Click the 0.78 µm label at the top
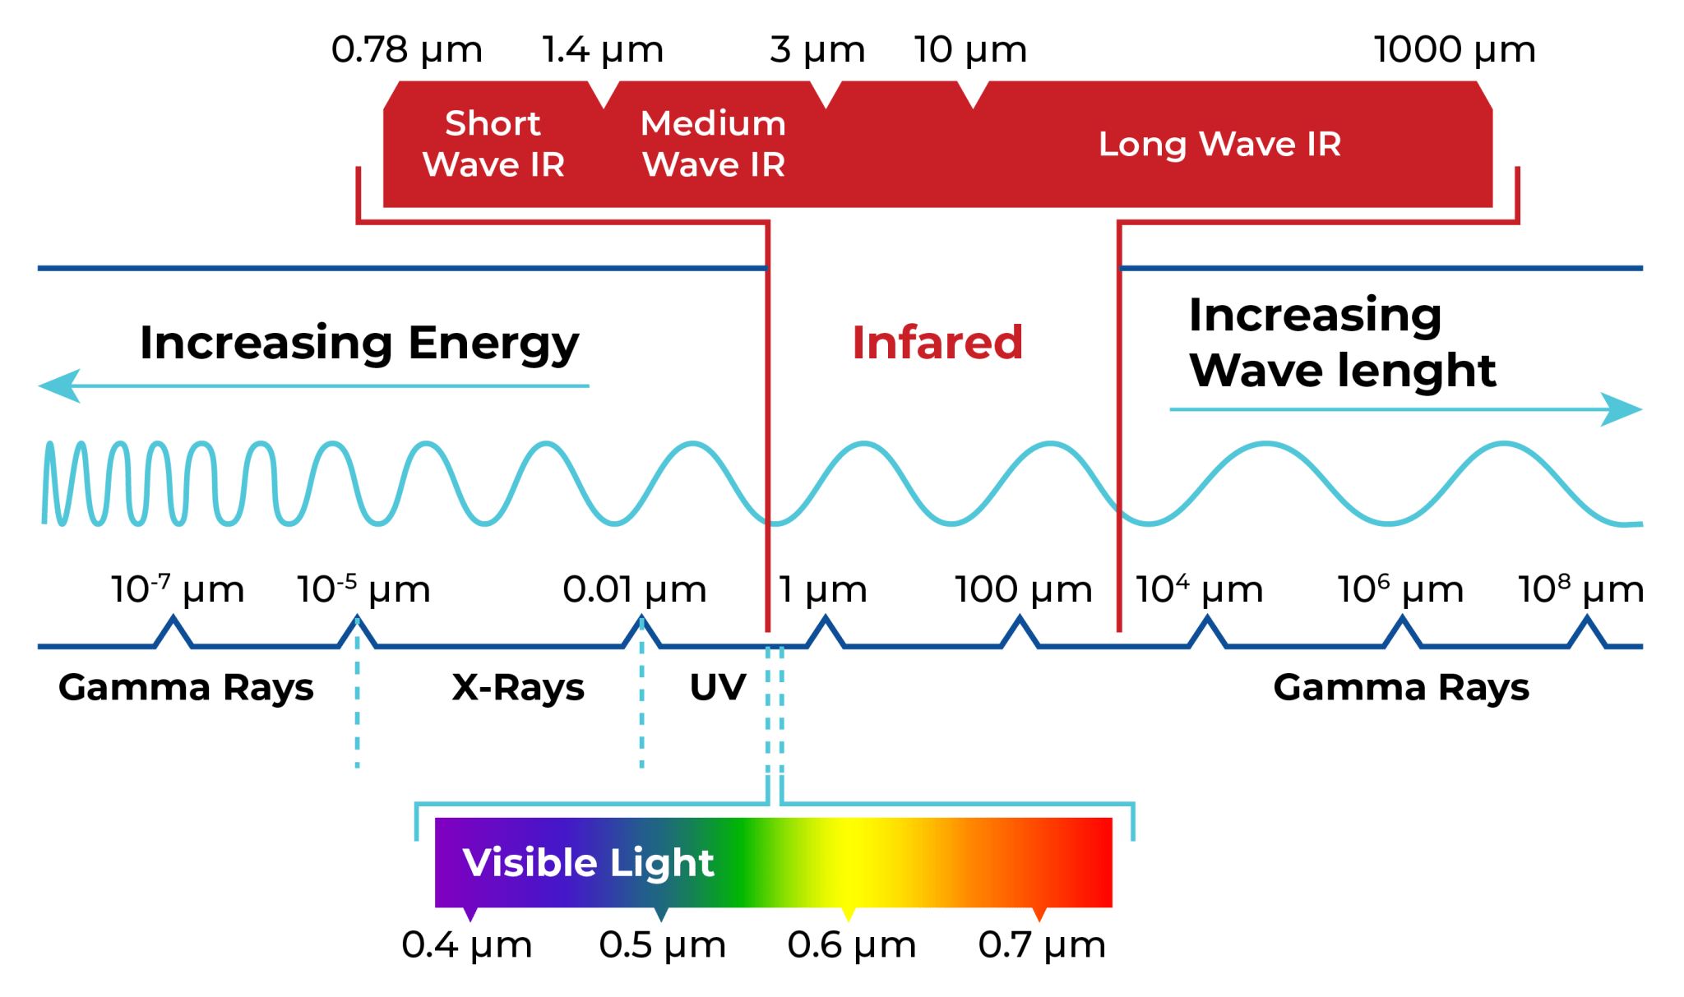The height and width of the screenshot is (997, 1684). coord(406,50)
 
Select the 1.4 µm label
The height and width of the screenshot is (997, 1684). coord(603,50)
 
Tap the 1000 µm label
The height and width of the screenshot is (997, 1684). coord(1454,50)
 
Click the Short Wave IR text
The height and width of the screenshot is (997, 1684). coord(493,144)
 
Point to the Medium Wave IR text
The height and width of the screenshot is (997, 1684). coord(713,144)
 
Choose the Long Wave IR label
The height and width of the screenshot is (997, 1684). coord(1219,145)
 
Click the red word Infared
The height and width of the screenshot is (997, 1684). coord(937,342)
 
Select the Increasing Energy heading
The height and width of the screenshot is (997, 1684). coord(359,344)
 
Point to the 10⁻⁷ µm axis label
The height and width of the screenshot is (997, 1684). coord(178,590)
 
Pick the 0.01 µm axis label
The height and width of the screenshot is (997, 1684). coord(634,590)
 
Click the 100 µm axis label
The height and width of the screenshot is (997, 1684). coord(1023,590)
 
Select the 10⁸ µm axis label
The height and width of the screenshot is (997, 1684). coord(1580,590)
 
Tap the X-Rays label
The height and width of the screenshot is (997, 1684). coord(518,688)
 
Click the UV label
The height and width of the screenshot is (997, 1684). coord(718,688)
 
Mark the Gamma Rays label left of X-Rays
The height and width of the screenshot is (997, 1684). coord(186,688)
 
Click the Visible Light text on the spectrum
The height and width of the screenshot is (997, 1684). coord(588,863)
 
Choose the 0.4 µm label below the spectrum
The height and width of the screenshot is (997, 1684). coord(466,946)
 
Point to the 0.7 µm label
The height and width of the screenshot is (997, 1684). coord(1042,946)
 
